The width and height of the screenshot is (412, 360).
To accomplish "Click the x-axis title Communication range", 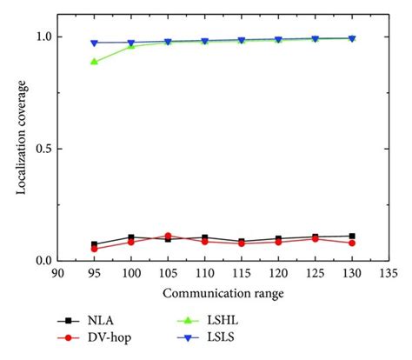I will (223, 294).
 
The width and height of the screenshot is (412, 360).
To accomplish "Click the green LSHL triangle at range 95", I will (94, 62).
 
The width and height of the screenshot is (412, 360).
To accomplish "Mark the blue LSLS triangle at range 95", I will (94, 43).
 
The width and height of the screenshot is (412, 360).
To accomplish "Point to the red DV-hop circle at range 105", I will (168, 236).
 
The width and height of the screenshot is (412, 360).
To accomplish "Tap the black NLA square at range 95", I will (94, 244).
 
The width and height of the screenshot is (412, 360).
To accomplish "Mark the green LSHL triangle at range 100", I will (131, 46).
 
